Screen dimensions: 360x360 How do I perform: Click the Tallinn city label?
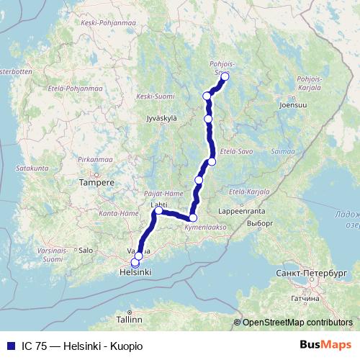(130, 318)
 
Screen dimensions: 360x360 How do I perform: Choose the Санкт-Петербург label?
(311, 274)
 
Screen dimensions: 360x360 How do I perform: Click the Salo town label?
(86, 251)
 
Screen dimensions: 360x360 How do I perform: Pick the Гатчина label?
(305, 298)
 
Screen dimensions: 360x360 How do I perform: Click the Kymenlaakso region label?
(205, 228)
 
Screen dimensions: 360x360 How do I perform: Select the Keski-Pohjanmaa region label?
(99, 22)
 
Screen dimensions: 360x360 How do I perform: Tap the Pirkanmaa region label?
(94, 158)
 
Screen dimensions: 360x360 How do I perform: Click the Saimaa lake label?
(283, 152)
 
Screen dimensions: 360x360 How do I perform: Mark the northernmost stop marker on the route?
(225, 76)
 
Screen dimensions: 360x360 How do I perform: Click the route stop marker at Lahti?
(158, 211)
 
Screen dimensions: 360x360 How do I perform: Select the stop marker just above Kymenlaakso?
(193, 217)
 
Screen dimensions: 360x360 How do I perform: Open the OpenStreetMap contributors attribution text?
(297, 323)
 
